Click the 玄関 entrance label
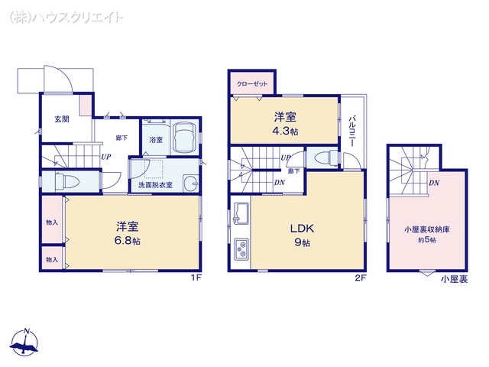pos(61,119)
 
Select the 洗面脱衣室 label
pos(155,185)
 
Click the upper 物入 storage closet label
pos(51,222)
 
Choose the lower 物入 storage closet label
pos(51,259)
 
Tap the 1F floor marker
pos(196,278)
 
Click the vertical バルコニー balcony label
pos(352,130)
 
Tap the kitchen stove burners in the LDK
pos(242,250)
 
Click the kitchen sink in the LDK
pos(241,213)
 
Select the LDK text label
pos(301,227)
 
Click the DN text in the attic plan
pos(433,183)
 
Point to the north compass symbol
pos(27,343)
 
